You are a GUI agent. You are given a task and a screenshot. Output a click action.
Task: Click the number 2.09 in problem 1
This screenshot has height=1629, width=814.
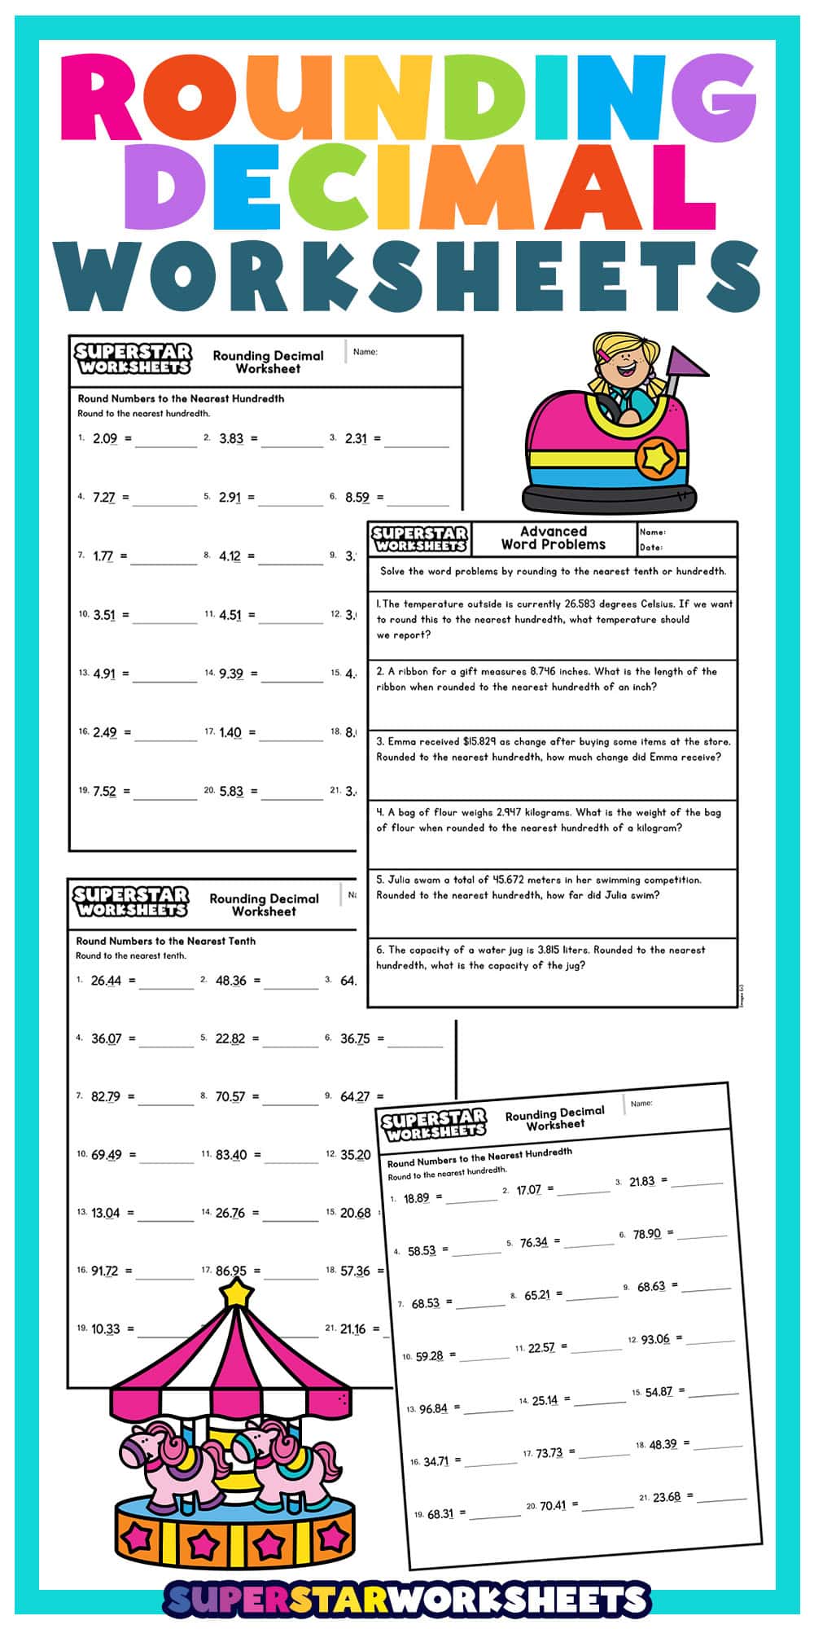tap(105, 439)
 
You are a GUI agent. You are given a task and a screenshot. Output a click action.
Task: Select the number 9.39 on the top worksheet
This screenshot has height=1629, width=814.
tap(231, 674)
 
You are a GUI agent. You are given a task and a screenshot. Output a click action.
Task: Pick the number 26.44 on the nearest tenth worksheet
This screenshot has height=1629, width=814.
tap(106, 981)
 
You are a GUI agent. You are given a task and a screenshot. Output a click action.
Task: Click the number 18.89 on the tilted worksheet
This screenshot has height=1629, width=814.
tap(416, 1198)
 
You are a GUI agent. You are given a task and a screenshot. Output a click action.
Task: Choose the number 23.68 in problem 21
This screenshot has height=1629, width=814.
tap(667, 1496)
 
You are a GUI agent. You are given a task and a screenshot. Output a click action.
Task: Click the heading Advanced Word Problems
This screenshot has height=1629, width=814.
tap(554, 538)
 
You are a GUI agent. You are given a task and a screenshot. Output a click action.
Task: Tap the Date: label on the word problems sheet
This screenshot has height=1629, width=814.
tap(651, 547)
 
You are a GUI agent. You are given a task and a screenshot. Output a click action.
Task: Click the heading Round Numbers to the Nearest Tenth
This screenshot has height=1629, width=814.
tap(166, 941)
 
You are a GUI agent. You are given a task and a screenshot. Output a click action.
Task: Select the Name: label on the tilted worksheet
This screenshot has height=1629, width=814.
tap(641, 1104)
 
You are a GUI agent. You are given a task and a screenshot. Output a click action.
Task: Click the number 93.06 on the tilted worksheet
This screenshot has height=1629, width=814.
tap(655, 1340)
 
